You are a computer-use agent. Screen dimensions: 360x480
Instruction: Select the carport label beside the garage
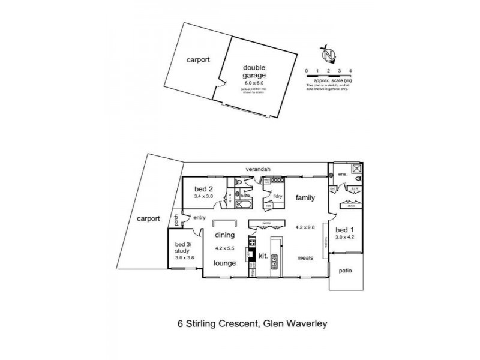(197, 60)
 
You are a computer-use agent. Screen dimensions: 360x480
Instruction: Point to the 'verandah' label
(259, 169)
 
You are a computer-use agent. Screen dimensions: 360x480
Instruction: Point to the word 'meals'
(306, 258)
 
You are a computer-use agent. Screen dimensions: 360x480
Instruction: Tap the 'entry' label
(199, 218)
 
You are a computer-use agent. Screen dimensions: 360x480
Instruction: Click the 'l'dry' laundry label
(277, 196)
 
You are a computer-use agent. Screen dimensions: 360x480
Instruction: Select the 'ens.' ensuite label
(343, 175)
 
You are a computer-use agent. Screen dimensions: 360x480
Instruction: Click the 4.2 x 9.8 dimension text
(305, 227)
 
